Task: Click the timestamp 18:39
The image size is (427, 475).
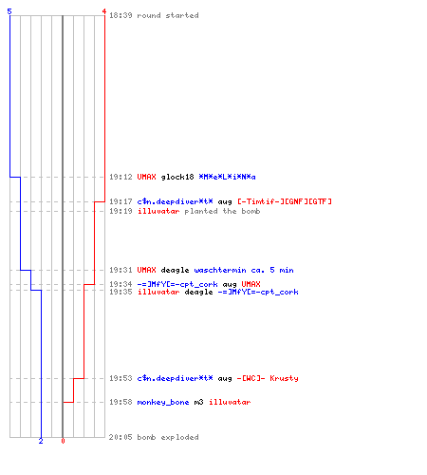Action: tap(121, 15)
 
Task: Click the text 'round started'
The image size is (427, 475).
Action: tap(168, 15)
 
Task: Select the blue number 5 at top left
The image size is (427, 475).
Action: tap(9, 11)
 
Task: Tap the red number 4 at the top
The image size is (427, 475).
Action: tap(104, 11)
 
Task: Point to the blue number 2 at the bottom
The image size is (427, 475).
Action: tap(41, 441)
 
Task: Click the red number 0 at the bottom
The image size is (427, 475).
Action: tap(63, 441)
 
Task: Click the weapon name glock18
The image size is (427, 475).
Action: tap(177, 177)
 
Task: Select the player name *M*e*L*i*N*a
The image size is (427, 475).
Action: tap(227, 177)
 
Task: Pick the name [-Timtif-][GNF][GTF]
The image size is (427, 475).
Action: tap(285, 201)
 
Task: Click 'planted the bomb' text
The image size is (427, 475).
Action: tap(222, 211)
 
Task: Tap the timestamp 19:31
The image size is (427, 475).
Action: tap(121, 270)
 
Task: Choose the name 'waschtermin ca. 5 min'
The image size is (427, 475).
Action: tap(244, 270)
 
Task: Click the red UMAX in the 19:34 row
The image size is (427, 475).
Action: tap(251, 284)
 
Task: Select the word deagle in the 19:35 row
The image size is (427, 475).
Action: tap(198, 292)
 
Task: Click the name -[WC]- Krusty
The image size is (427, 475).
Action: tap(268, 378)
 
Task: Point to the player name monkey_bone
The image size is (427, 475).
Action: tap(163, 402)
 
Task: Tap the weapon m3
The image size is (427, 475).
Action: tap(198, 402)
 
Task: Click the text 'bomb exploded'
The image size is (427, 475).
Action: tap(168, 437)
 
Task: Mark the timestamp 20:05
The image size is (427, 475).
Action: tap(121, 437)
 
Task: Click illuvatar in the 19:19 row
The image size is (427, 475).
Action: tap(158, 211)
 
